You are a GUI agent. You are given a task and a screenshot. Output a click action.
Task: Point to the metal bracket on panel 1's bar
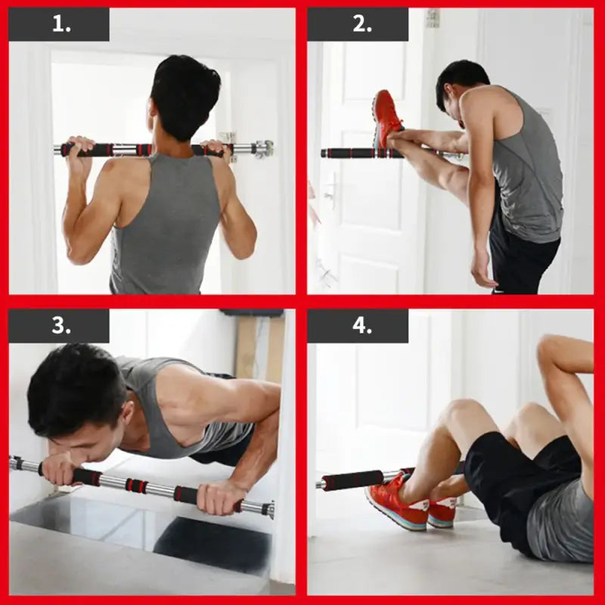[x=261, y=148]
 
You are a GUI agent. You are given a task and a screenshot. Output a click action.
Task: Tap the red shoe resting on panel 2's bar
[x=387, y=117]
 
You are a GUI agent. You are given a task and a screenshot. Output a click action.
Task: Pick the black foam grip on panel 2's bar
[x=349, y=154]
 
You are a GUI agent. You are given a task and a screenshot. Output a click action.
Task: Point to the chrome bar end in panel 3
[x=268, y=509]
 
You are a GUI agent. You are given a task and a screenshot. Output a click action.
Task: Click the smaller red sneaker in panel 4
[x=442, y=513]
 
